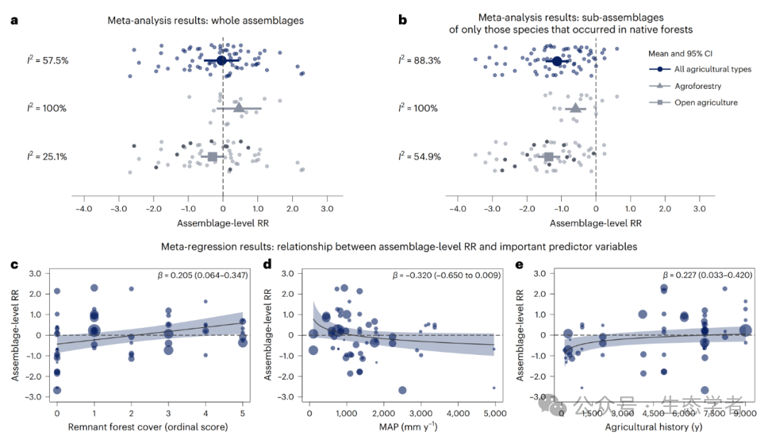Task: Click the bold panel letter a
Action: pos(14,20)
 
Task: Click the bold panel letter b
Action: pos(402,20)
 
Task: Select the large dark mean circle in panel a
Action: pos(221,60)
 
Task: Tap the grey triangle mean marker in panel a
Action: pos(238,108)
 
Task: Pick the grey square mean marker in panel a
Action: pos(212,156)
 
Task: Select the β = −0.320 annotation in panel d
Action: pos(446,275)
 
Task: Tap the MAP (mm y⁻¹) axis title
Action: pos(401,427)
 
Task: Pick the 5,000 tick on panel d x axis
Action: pos(494,413)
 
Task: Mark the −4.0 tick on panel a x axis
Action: pos(83,210)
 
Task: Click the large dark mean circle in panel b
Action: pos(557,61)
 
